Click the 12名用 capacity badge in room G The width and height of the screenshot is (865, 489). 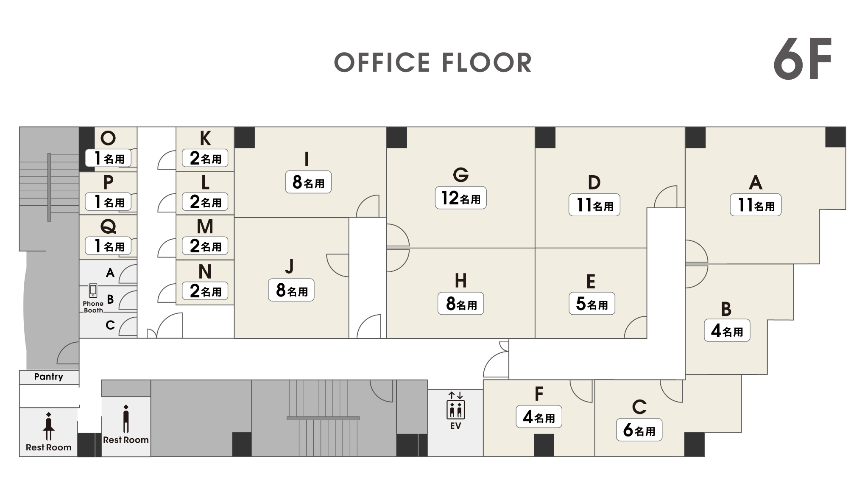coord(460,198)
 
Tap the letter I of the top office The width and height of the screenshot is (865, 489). coord(307,159)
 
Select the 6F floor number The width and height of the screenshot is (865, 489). coord(802,59)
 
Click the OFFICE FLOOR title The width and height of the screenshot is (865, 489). coord(432,63)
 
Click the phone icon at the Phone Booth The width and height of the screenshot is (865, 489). coord(93,291)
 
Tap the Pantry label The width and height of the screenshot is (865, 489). coord(49,377)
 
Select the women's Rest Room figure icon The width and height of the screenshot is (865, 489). coord(49,426)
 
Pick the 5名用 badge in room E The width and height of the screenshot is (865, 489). coord(592,304)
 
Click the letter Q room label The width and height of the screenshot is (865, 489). coord(108,226)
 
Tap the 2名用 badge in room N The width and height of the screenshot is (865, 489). coord(205,291)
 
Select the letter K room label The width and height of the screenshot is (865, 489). coord(205,138)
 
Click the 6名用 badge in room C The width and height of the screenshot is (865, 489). coord(639,430)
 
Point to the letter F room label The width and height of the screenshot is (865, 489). coord(539,394)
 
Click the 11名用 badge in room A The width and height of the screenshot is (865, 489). coord(756,205)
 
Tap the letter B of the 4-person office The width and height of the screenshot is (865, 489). coord(726,309)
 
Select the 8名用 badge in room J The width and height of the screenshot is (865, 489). coord(291,290)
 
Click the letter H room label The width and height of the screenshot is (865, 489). coord(461,281)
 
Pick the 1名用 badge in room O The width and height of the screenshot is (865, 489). coord(108,158)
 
